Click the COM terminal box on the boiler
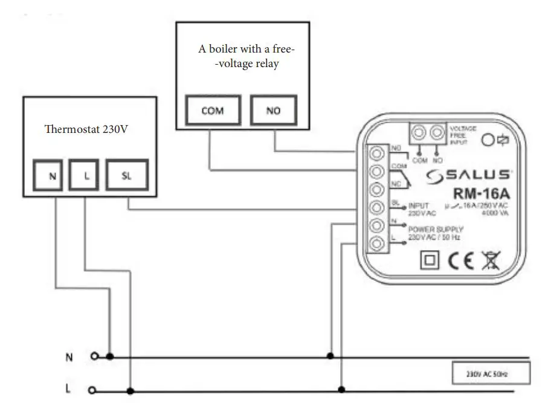point(212,111)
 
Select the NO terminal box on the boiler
point(273,111)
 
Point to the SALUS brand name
point(468,176)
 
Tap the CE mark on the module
point(457,262)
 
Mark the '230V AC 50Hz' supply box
point(491,373)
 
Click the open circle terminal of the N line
point(94,356)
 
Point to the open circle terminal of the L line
point(92,390)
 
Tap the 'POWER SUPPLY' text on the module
point(435,230)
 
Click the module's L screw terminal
point(378,243)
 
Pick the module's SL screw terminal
point(378,207)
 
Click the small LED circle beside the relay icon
point(489,140)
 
